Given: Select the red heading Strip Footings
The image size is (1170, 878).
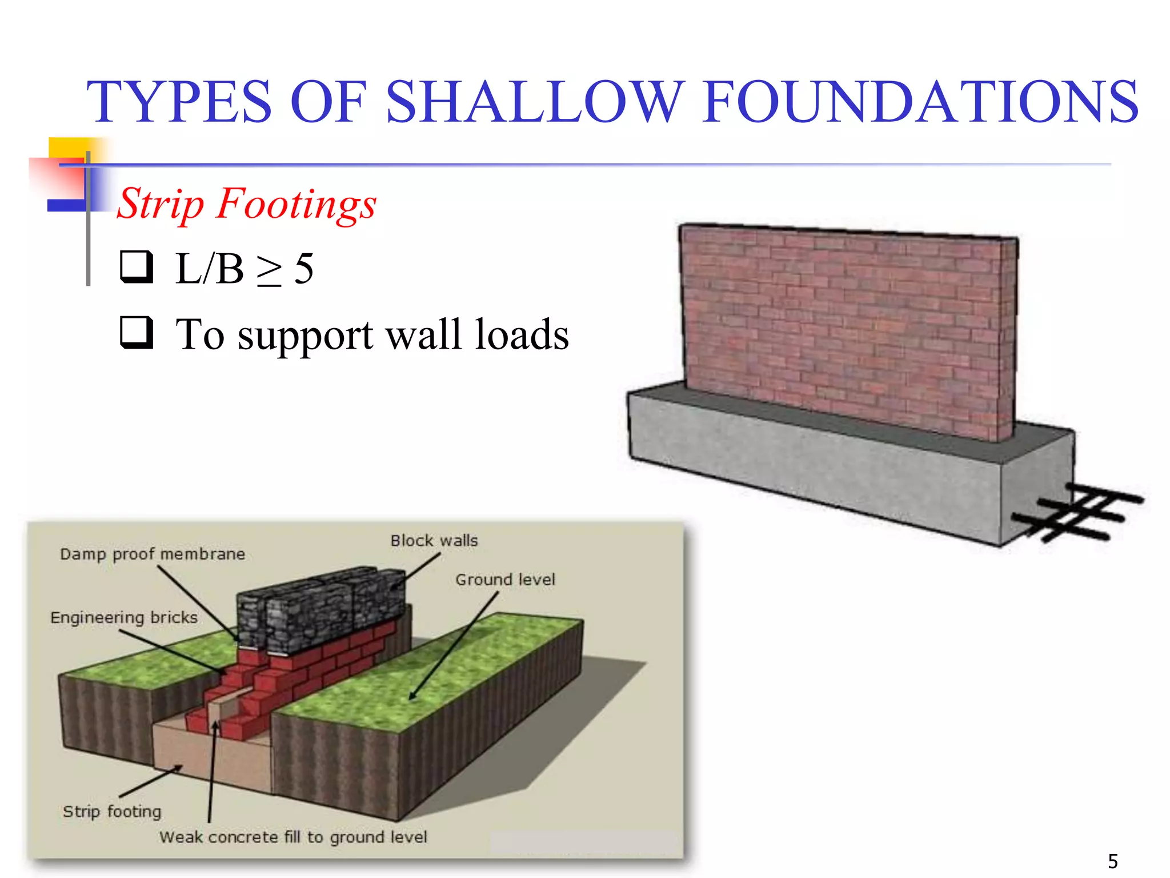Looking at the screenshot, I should (246, 203).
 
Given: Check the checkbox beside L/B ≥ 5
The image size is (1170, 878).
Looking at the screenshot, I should (137, 267).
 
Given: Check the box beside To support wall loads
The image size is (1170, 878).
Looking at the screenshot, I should (137, 332).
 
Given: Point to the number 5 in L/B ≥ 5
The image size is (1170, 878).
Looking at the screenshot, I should (303, 269).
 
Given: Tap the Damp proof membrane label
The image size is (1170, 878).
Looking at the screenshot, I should (153, 554).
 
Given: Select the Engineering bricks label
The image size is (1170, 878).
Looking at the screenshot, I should (124, 617).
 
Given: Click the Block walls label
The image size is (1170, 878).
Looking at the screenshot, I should (434, 541).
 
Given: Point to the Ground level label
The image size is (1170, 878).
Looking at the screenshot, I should (505, 580).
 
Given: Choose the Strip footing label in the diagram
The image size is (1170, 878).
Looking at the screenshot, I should (112, 811).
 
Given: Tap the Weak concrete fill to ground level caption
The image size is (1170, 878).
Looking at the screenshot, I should (293, 837).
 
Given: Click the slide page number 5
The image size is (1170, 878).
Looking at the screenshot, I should (1113, 861).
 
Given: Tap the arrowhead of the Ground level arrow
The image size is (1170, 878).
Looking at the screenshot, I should (411, 697).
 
